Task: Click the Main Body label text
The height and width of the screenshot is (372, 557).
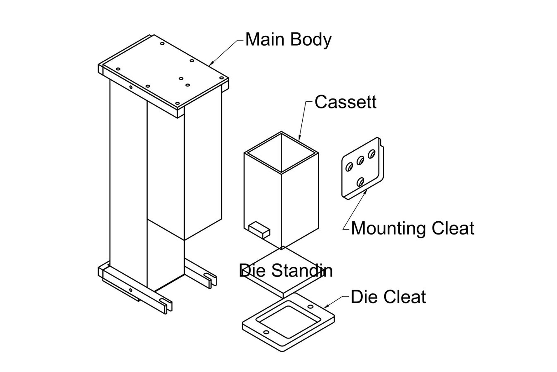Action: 288,40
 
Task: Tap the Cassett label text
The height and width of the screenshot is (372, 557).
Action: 345,102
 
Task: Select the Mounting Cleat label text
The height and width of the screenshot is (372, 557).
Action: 412,229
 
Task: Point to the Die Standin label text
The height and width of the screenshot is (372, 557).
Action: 286,271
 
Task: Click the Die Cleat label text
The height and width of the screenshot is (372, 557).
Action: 388,297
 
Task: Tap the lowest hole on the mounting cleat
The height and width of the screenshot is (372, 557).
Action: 360,182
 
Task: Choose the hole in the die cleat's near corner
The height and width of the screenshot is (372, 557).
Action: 266,332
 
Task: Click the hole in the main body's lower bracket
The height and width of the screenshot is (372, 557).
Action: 131,290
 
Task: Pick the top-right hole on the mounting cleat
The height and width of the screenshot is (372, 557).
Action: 371,153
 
